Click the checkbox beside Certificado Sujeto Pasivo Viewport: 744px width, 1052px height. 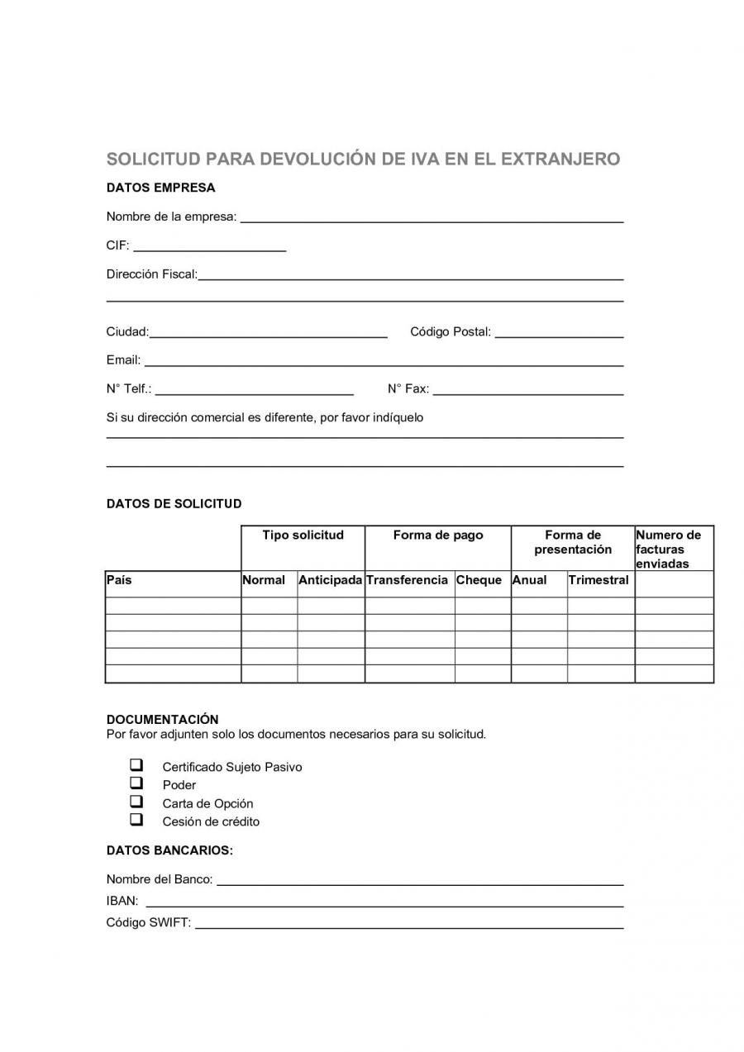(x=136, y=765)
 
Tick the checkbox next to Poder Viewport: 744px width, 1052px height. (x=136, y=783)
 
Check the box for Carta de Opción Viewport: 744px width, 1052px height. (x=136, y=802)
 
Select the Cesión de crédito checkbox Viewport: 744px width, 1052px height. (x=136, y=820)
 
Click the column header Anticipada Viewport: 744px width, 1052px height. (x=331, y=580)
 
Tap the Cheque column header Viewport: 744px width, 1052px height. (x=479, y=580)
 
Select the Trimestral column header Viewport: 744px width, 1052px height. (x=599, y=580)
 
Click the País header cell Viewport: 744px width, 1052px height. (x=119, y=580)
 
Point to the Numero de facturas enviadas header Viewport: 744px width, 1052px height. (x=670, y=549)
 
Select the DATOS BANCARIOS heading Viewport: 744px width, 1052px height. (x=169, y=850)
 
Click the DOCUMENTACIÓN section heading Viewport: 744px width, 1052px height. (x=163, y=720)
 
